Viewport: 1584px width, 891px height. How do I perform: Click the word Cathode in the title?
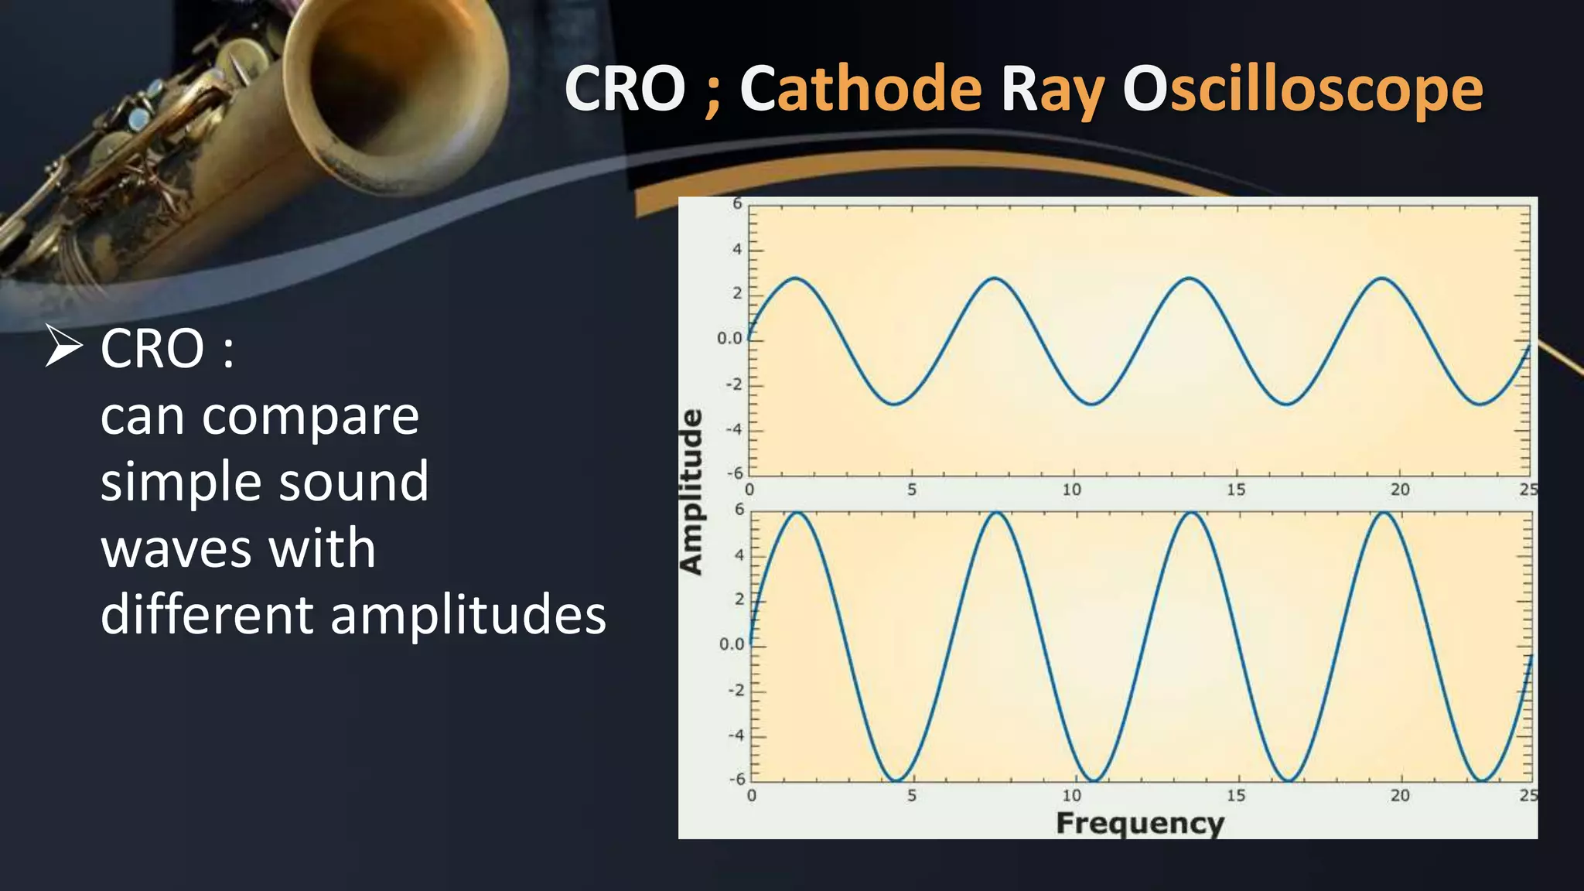860,89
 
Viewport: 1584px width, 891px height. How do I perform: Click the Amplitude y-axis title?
691,492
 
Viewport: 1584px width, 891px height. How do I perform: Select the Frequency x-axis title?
1140,823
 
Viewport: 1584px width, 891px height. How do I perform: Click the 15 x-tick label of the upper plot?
1235,490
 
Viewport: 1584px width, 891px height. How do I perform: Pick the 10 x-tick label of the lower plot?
1071,795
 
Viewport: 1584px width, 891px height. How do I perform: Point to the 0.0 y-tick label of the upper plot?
729,338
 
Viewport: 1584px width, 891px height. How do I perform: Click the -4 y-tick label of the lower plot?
736,735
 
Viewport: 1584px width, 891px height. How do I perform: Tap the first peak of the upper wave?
795,278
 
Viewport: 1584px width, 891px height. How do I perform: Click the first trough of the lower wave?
895,780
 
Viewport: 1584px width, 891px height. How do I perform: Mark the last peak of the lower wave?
1384,513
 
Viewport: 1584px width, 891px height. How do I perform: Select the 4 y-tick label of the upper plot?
736,249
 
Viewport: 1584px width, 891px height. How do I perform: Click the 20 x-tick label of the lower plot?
1400,795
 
